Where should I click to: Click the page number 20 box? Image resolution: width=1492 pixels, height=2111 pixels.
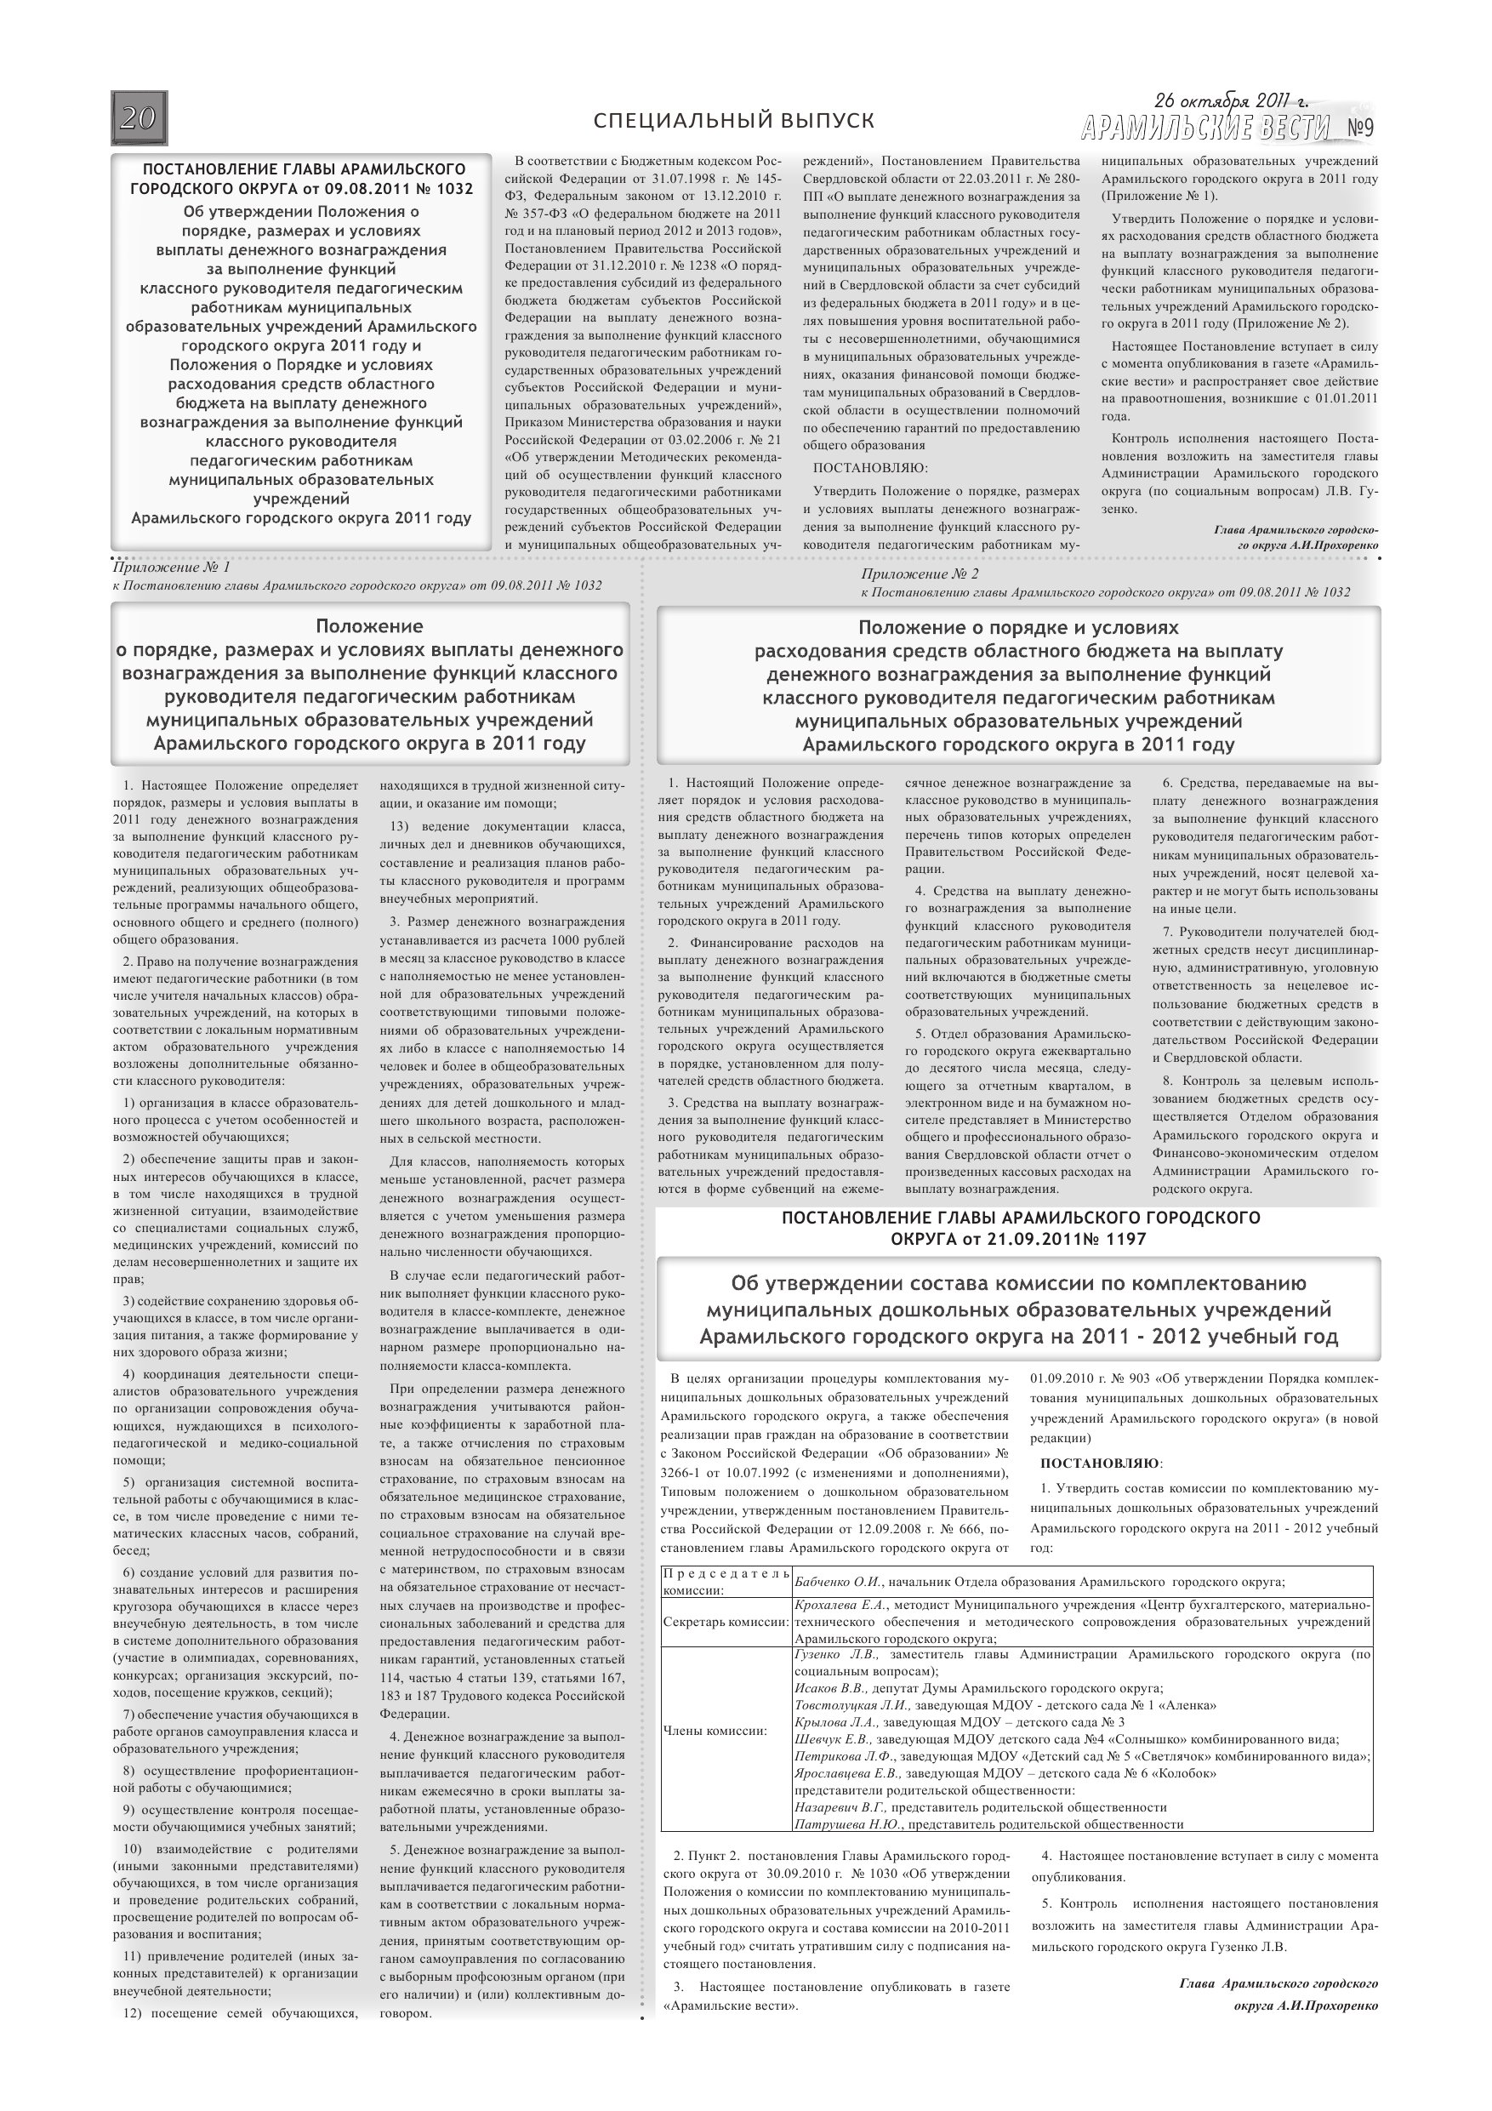139,118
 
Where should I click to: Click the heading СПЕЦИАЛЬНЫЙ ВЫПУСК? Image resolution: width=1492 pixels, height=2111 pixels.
733,122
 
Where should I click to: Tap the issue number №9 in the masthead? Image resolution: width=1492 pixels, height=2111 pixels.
1359,128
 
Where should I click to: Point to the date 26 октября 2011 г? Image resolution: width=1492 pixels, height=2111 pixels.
1231,101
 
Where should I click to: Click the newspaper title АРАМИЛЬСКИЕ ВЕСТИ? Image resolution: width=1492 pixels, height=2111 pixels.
1205,128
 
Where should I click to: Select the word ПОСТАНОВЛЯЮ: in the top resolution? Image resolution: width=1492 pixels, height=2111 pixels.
870,468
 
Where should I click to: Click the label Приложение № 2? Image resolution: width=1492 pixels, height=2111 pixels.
920,574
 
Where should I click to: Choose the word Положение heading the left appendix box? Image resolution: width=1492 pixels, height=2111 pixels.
369,627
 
